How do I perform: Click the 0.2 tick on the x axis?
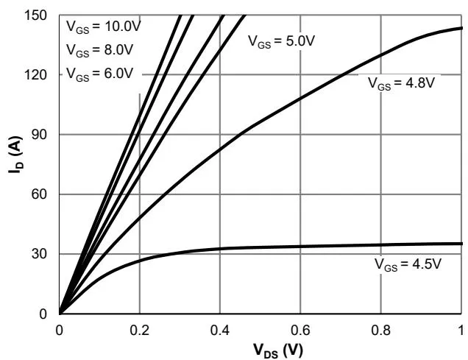click(x=139, y=328)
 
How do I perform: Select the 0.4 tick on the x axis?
click(x=219, y=328)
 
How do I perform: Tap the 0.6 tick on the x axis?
click(x=299, y=328)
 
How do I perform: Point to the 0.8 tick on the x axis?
click(x=380, y=328)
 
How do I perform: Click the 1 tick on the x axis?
click(x=461, y=328)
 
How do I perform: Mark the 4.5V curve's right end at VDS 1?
click(x=461, y=244)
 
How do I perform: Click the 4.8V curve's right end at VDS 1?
click(x=461, y=28)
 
